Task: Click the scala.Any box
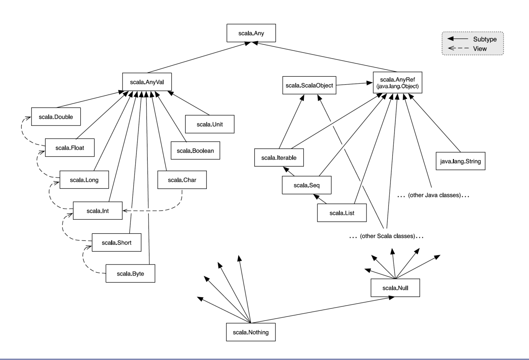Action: tap(251, 33)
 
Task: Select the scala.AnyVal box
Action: tap(147, 82)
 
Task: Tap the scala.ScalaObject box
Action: tap(309, 86)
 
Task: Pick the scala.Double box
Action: tap(56, 117)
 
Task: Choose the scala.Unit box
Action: tap(210, 124)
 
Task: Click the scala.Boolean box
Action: tap(195, 151)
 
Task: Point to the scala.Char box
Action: tap(182, 180)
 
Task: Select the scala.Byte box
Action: tap(131, 273)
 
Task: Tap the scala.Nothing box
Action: tap(251, 332)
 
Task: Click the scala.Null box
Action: tap(395, 288)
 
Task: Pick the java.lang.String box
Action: tap(460, 161)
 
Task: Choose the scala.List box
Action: tap(342, 213)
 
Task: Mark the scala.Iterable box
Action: tap(279, 158)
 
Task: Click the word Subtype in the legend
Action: tap(485, 39)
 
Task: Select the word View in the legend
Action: tap(480, 49)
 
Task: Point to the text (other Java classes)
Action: tap(434, 195)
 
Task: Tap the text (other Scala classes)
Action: tap(388, 236)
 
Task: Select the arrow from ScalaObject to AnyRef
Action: tap(354, 84)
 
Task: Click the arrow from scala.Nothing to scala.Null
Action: tap(322, 310)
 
